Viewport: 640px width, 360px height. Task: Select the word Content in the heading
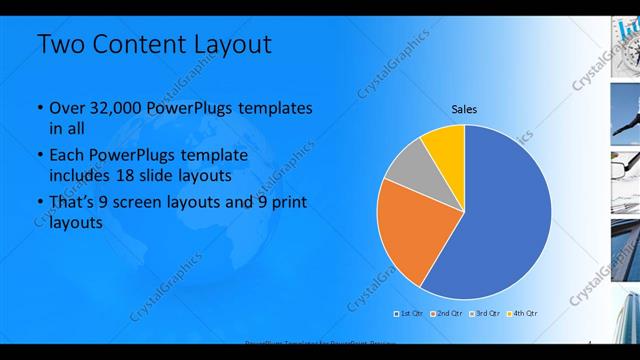click(x=138, y=45)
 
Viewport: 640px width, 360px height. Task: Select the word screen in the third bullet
click(x=154, y=202)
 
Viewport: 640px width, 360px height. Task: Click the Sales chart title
click(x=464, y=108)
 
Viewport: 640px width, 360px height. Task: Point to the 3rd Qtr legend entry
click(x=484, y=313)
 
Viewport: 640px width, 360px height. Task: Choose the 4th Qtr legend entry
click(x=523, y=313)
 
